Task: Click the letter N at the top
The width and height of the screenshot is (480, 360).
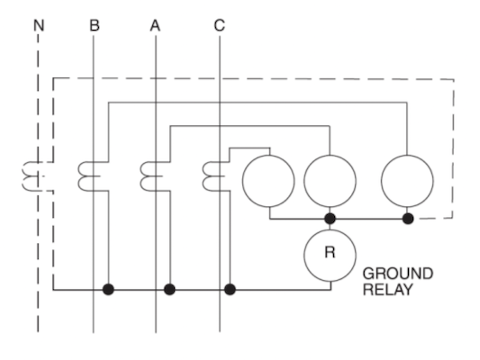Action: pos(39,25)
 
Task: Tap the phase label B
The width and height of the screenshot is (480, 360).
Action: pos(95,25)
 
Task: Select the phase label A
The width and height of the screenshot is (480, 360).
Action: pos(155,25)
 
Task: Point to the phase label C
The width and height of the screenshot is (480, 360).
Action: pos(220,25)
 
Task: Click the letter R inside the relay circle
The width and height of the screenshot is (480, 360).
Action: pos(330,252)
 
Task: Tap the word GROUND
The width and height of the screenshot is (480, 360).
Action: pos(398,274)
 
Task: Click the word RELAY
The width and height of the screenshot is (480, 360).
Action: pos(387,290)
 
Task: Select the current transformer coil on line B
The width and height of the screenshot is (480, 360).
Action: pos(80,176)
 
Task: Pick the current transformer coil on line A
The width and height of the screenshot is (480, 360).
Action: pos(142,176)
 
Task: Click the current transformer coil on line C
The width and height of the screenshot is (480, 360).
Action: pos(204,176)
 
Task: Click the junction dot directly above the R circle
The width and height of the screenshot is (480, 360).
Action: pos(330,219)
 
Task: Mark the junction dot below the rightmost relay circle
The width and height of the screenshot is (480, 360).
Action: pos(408,219)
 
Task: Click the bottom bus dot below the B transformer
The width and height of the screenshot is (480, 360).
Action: pos(108,289)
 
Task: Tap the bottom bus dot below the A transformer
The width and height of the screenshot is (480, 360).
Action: pos(169,289)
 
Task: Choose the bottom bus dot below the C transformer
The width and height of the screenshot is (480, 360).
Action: pos(230,289)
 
